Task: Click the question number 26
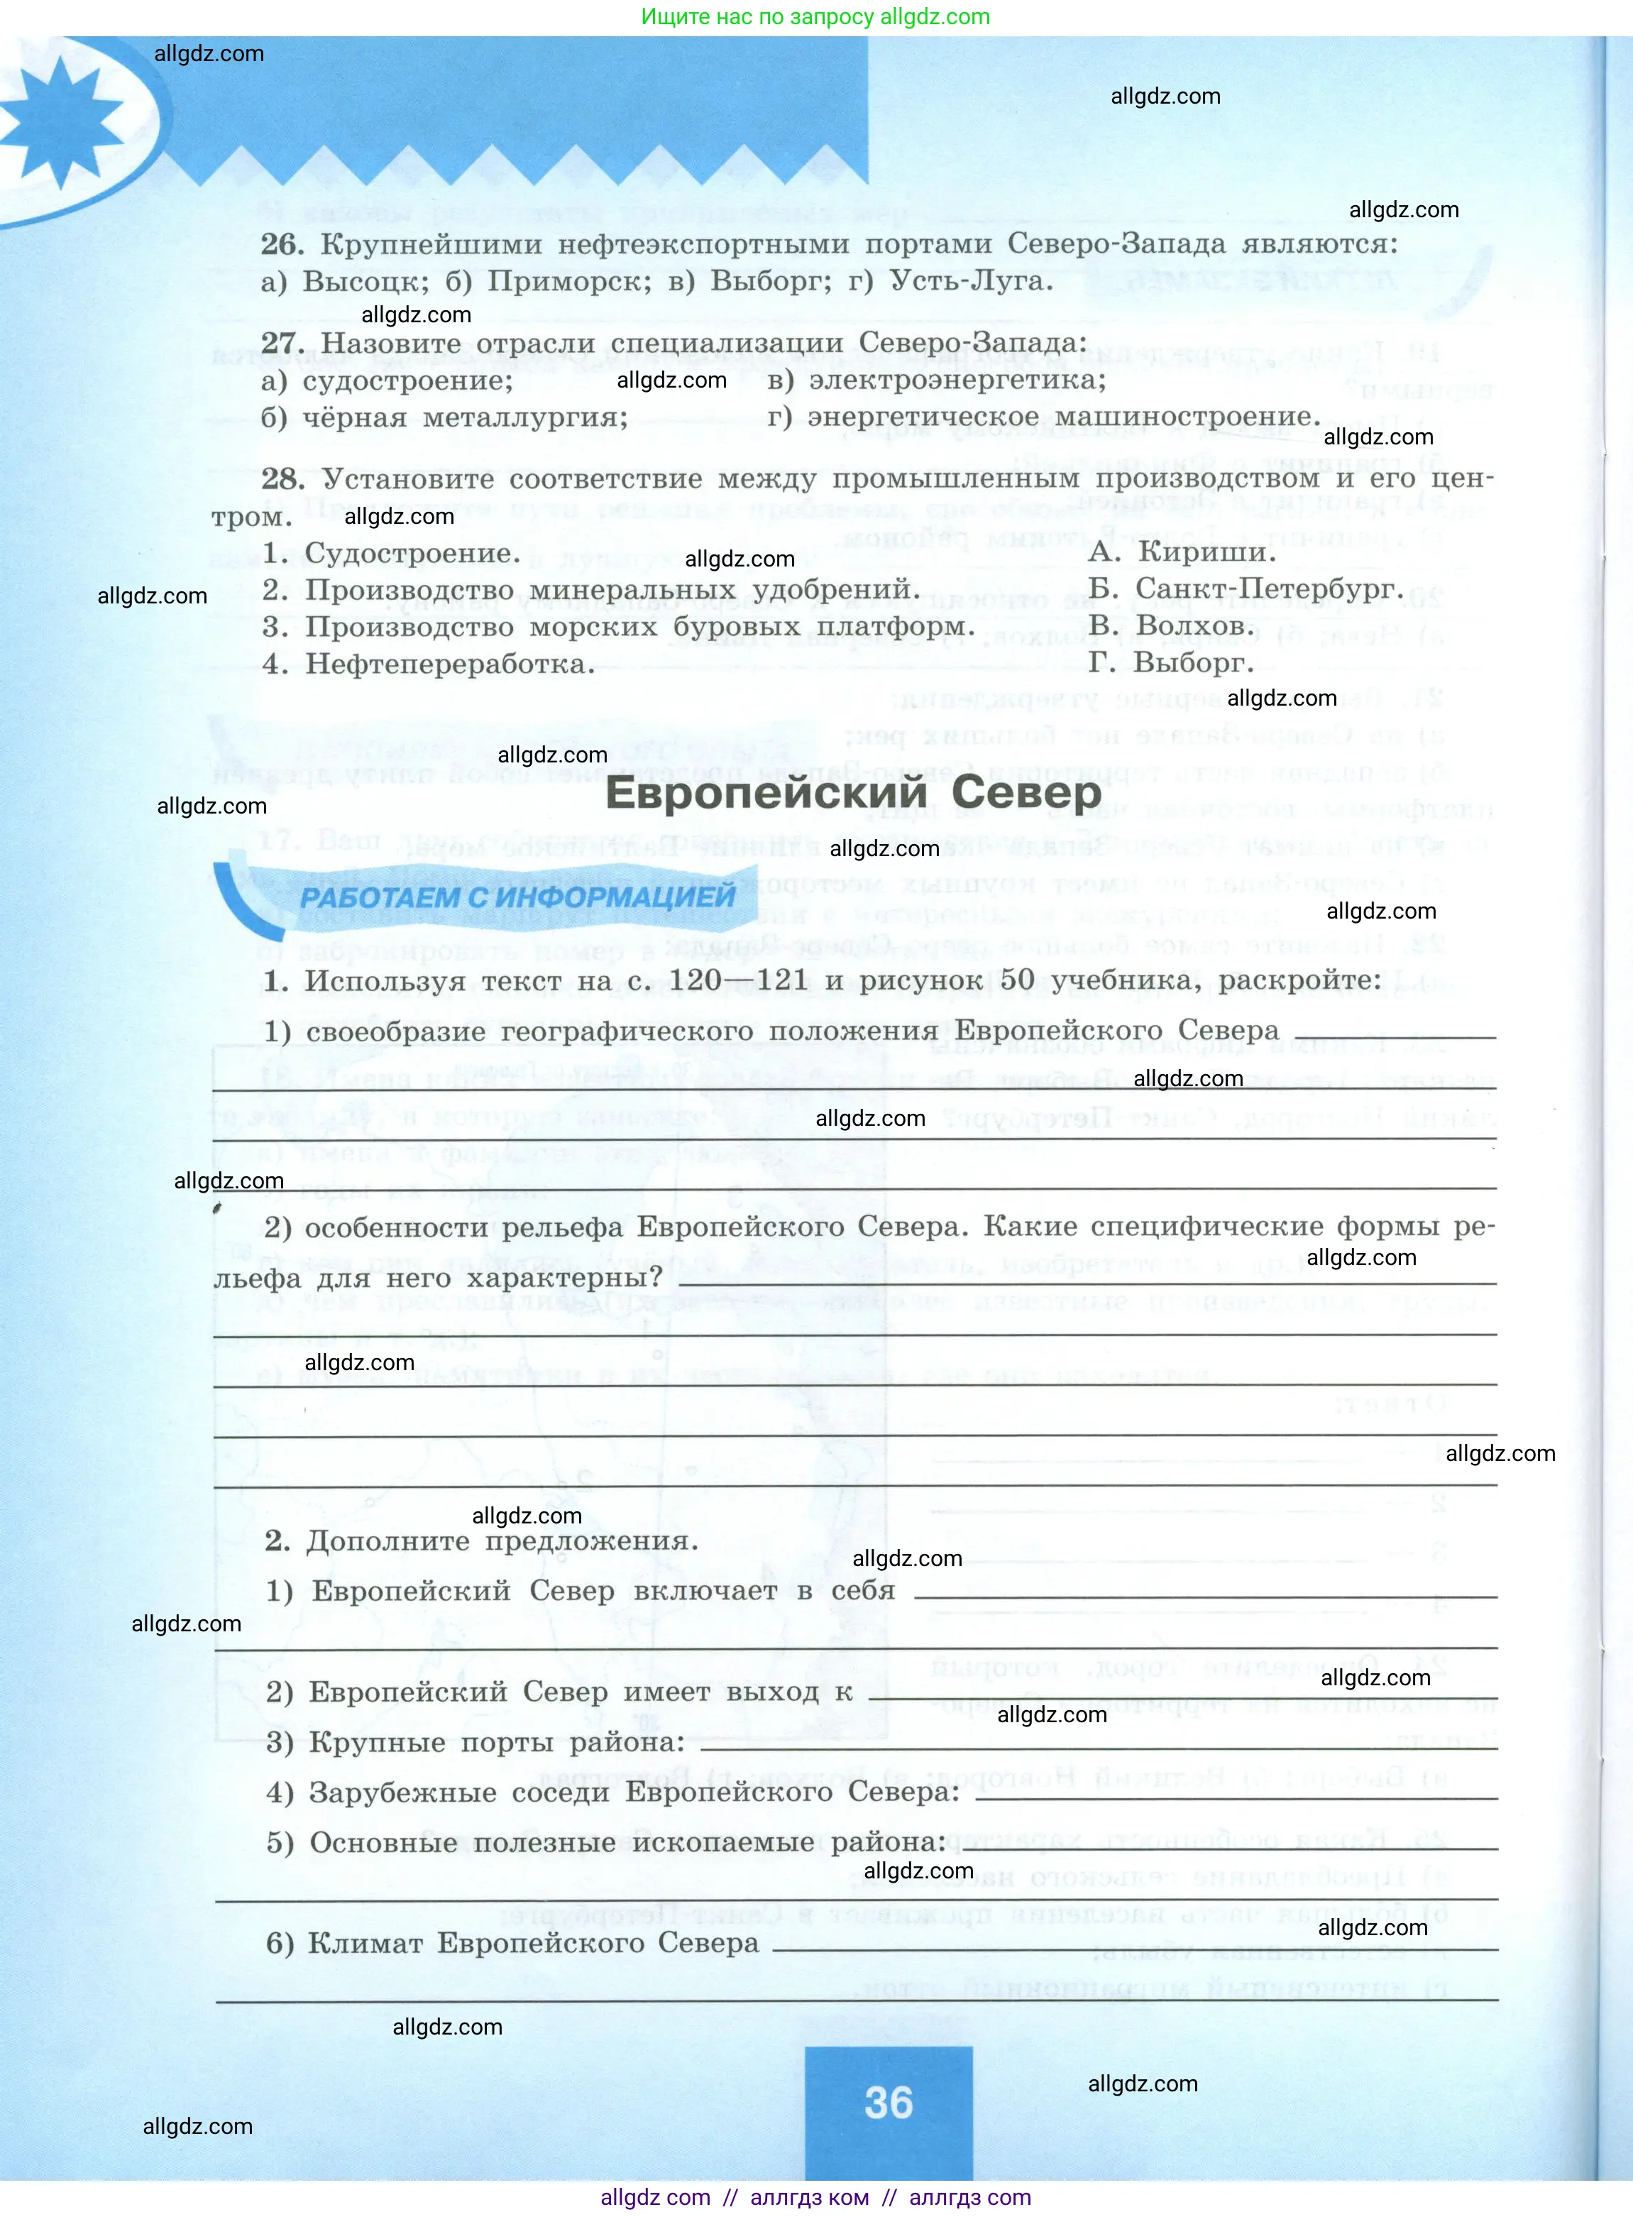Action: coord(281,244)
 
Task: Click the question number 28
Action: coord(282,480)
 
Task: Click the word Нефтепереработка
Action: coord(450,664)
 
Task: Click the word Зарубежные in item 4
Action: coord(402,1792)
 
